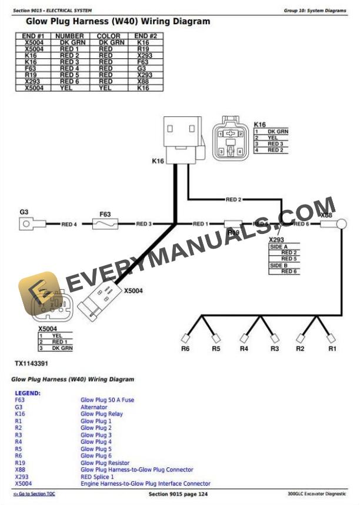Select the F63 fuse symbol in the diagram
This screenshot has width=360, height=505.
click(x=105, y=224)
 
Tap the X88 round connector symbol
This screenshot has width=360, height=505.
click(x=326, y=224)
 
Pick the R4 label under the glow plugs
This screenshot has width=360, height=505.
click(x=244, y=349)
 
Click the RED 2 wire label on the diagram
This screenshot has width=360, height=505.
click(x=234, y=200)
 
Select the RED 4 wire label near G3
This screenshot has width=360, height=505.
click(x=69, y=224)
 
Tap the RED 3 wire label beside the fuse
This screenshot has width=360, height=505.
click(x=144, y=224)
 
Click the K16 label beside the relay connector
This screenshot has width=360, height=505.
click(x=158, y=161)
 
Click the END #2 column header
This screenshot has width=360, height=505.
click(x=145, y=36)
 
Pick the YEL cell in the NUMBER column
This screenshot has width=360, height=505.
click(x=69, y=88)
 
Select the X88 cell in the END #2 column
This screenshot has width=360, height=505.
click(x=143, y=81)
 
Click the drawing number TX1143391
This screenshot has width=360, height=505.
click(x=31, y=363)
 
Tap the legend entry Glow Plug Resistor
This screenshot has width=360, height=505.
click(x=105, y=463)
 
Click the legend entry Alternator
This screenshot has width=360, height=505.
click(x=94, y=407)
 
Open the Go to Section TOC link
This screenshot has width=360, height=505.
click(x=34, y=494)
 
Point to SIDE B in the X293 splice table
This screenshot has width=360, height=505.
click(x=279, y=265)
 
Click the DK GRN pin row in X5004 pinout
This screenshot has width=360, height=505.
click(x=62, y=348)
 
